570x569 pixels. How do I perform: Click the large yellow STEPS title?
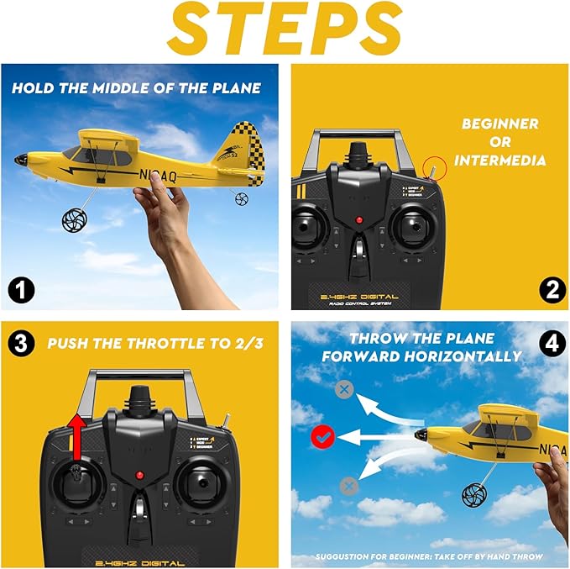(x=284, y=30)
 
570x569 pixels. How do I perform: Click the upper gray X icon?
(x=343, y=389)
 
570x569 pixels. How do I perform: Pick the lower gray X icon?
(x=348, y=486)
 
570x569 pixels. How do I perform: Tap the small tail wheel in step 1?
(x=242, y=199)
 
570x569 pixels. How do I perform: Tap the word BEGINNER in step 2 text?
(x=500, y=124)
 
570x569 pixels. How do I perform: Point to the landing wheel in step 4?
(x=475, y=494)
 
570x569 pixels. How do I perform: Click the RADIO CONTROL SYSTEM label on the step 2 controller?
(x=358, y=306)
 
